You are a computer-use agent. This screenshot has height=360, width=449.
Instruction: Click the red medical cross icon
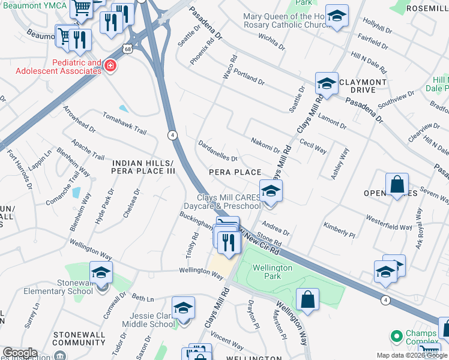click(110, 66)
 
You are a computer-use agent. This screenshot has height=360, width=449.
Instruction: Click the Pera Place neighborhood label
click(235, 172)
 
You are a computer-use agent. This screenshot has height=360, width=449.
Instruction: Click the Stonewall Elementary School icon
click(101, 274)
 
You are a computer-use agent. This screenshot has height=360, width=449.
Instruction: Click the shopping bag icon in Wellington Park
click(307, 300)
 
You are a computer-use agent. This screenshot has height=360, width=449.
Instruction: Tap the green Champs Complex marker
click(396, 335)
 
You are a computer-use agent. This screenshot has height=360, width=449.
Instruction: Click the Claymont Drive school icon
click(327, 84)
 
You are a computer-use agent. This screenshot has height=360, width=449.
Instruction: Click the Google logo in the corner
click(19, 353)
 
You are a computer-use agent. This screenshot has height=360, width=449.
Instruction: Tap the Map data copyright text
click(411, 355)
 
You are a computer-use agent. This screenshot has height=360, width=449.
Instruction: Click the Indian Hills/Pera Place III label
click(143, 167)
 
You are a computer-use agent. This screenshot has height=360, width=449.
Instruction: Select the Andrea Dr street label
click(276, 230)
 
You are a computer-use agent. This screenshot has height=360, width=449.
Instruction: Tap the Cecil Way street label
click(313, 148)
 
